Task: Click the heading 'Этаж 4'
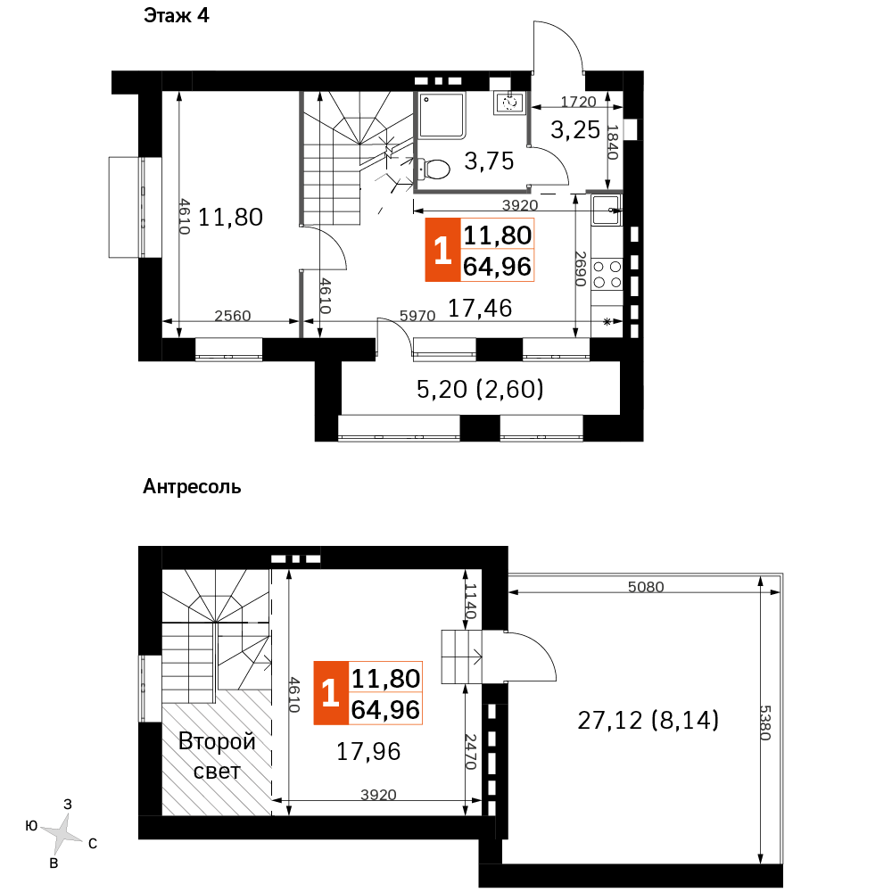coord(177,15)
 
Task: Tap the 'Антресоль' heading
coord(192,487)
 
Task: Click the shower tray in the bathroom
coord(442,115)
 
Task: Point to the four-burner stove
coord(607,274)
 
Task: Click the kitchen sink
coord(607,210)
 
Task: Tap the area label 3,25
coord(575,130)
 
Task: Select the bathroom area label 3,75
coord(489,161)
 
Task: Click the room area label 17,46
coord(480,309)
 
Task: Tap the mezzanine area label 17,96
coord(368,752)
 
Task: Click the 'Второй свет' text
coord(217,756)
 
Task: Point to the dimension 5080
coord(646,587)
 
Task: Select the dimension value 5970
coord(417,316)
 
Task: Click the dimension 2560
coord(233,316)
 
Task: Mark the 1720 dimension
coord(579,102)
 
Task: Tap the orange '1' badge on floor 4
coord(442,251)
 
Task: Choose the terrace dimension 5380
coord(765,723)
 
